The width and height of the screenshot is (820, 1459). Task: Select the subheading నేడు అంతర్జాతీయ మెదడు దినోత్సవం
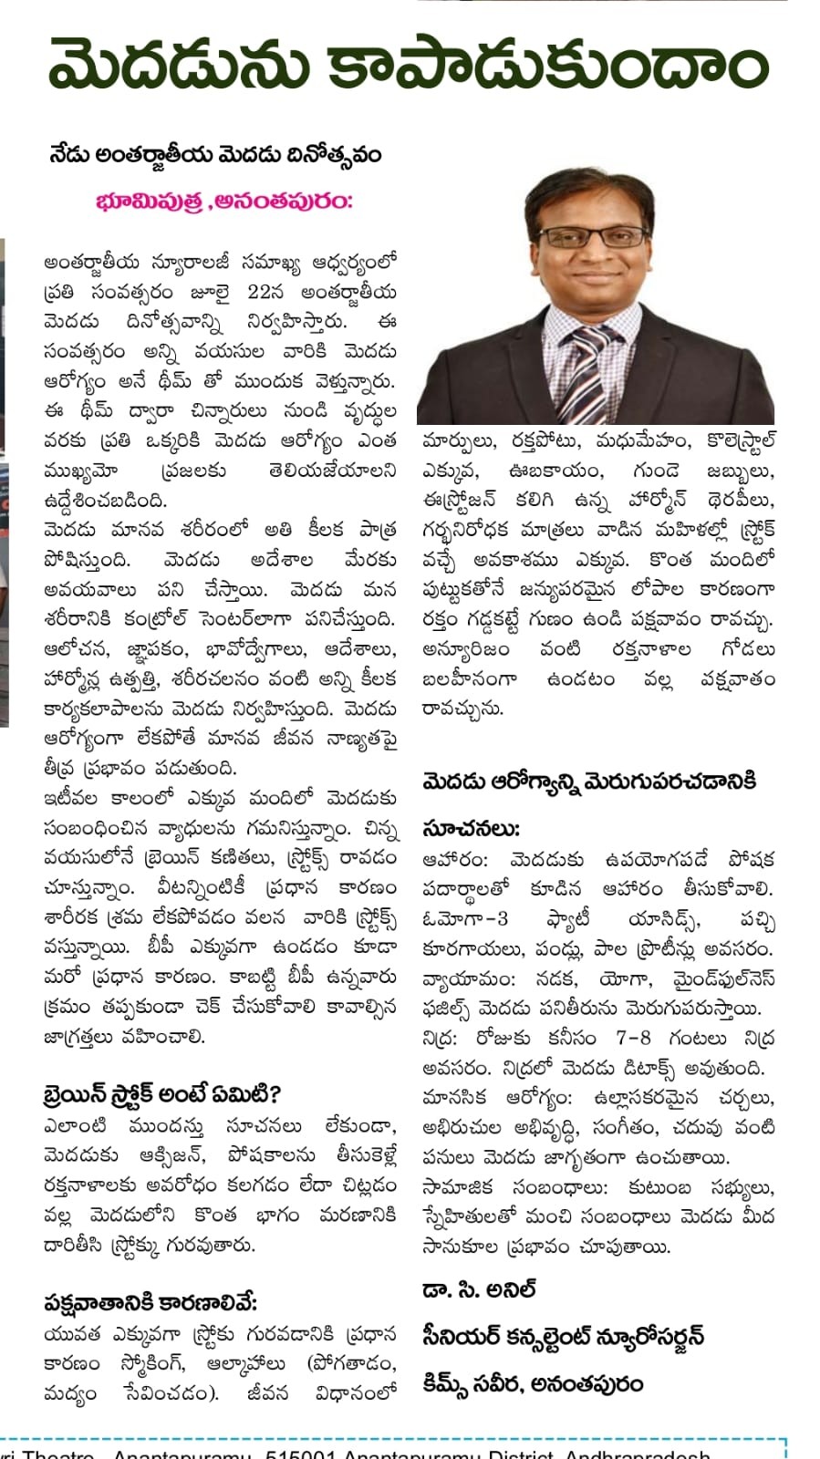click(215, 154)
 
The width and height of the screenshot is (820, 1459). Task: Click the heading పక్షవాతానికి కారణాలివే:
click(151, 1301)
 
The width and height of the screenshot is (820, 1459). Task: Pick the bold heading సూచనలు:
click(471, 829)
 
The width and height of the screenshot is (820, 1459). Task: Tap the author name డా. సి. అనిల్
click(479, 1290)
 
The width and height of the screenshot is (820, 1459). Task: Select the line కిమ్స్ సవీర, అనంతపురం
click(533, 1383)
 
